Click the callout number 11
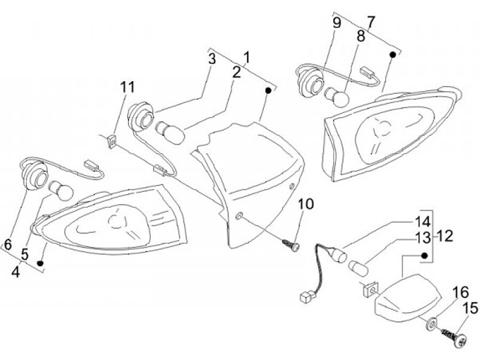pyautogui.click(x=127, y=87)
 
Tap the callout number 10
pyautogui.click(x=306, y=204)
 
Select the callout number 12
pyautogui.click(x=445, y=236)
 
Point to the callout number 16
pyautogui.click(x=460, y=293)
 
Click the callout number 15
pyautogui.click(x=471, y=308)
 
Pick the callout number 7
pyautogui.click(x=371, y=22)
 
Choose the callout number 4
pyautogui.click(x=15, y=271)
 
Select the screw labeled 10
pyautogui.click(x=291, y=245)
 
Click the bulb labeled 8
pyautogui.click(x=336, y=96)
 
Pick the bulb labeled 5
pyautogui.click(x=61, y=190)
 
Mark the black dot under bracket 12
pyautogui.click(x=424, y=255)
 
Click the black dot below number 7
pyautogui.click(x=393, y=55)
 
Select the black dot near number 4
pyautogui.click(x=39, y=263)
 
